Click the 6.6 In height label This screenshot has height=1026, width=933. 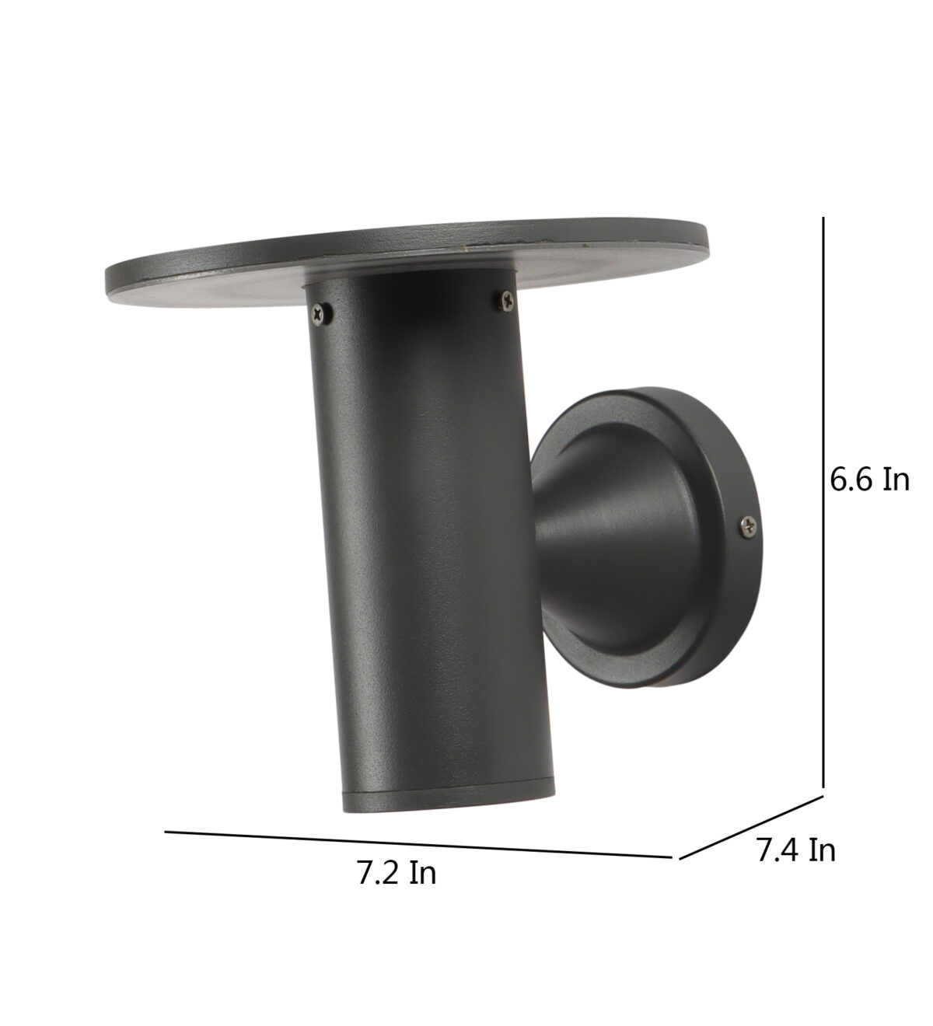[869, 480]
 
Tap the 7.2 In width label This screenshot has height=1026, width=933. [396, 873]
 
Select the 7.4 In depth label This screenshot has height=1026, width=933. [796, 850]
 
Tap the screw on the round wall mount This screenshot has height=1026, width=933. [750, 525]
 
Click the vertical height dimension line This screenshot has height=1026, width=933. [823, 502]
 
